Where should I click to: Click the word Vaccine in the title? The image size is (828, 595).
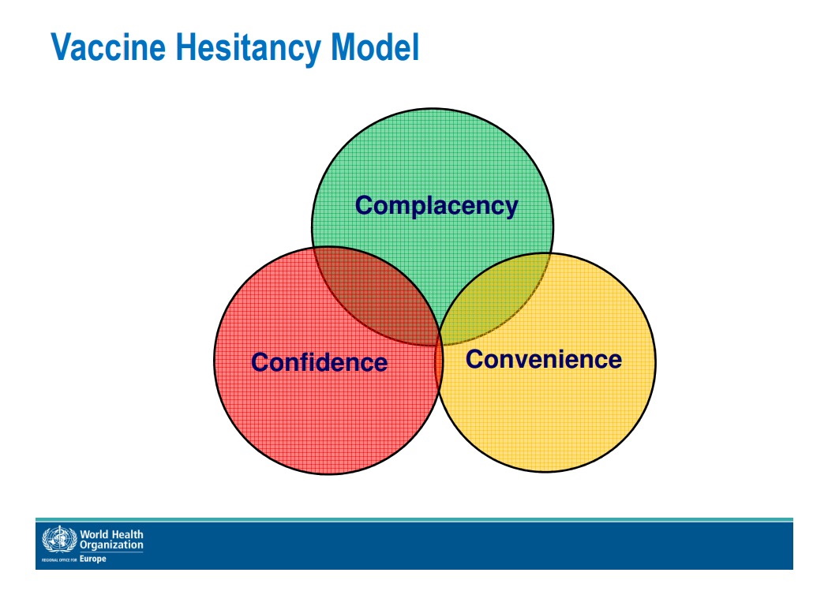tap(108, 47)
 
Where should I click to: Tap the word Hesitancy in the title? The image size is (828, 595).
tap(248, 48)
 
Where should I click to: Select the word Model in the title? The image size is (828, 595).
tap(374, 47)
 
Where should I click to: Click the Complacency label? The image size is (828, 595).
tap(436, 206)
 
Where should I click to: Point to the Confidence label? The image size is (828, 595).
tap(319, 362)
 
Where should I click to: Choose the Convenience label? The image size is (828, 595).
tap(543, 359)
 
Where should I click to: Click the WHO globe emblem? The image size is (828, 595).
tap(59, 540)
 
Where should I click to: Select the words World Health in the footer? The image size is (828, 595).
tap(111, 534)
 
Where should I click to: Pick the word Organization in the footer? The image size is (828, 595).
tap(111, 545)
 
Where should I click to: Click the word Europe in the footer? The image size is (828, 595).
tap(93, 559)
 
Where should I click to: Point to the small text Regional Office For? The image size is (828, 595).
tap(59, 559)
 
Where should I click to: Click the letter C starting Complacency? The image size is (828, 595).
tap(364, 205)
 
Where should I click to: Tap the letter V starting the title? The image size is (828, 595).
tap(62, 47)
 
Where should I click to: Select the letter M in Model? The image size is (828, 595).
tap(343, 47)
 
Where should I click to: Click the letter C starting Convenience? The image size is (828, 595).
tap(474, 359)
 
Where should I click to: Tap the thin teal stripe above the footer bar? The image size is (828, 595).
tap(414, 520)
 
